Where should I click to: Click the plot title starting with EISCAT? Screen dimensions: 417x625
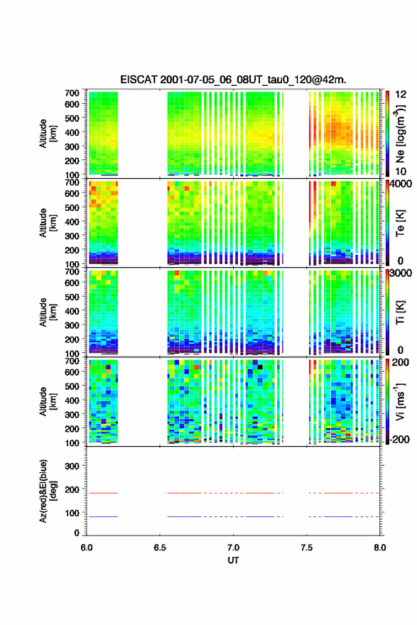click(x=233, y=80)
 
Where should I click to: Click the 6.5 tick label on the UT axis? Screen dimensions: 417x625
click(x=160, y=548)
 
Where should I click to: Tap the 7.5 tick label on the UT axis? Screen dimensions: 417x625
click(x=307, y=548)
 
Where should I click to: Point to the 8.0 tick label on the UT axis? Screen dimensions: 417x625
click(x=380, y=548)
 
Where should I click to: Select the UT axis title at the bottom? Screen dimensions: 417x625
click(x=233, y=560)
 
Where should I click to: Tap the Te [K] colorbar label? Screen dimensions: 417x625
click(x=400, y=223)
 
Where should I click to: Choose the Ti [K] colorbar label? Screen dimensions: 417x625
click(x=400, y=312)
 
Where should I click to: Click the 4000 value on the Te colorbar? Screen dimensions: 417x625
click(x=401, y=185)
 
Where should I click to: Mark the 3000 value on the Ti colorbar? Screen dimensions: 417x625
click(x=401, y=273)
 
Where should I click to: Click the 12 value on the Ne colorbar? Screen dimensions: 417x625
click(x=401, y=94)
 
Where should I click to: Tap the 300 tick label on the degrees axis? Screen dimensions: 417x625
click(x=72, y=466)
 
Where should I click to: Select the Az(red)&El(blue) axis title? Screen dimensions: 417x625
click(x=47, y=491)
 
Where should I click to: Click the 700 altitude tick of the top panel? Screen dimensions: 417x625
click(x=72, y=93)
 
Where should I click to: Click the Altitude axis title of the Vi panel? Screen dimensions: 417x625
click(x=47, y=401)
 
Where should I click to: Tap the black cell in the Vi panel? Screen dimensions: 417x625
click(x=260, y=366)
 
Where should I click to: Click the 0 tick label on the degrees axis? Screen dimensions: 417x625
click(x=77, y=533)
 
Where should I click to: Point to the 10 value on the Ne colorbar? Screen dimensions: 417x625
click(x=401, y=171)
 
